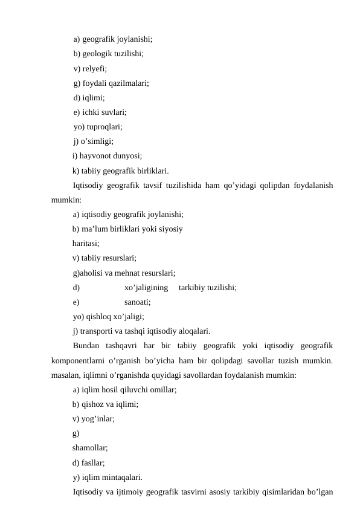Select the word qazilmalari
point(128,83)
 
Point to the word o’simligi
point(96,142)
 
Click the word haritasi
point(86,243)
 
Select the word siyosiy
point(170,229)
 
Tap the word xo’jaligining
point(146,287)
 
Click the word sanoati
point(137,302)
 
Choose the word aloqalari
point(190,331)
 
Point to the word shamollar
point(90,448)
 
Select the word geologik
point(94,54)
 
